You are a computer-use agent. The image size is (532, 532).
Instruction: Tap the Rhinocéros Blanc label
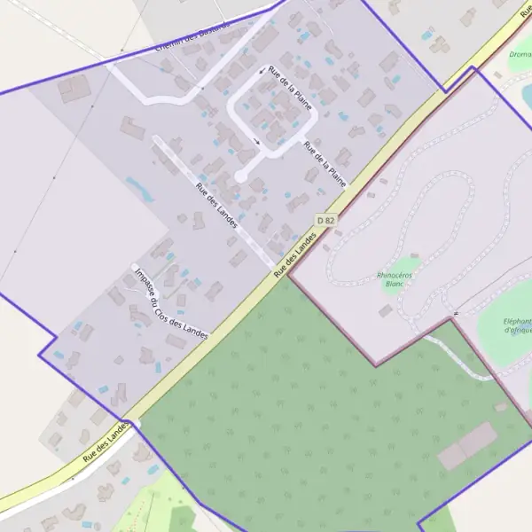pyautogui.click(x=395, y=279)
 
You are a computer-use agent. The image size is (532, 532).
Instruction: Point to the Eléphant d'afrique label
pyautogui.click(x=517, y=325)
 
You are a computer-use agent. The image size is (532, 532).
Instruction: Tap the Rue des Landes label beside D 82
pyautogui.click(x=295, y=256)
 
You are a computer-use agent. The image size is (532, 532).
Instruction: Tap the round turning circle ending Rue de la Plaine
pyautogui.click(x=240, y=176)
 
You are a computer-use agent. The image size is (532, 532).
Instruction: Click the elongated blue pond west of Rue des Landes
pyautogui.click(x=139, y=188)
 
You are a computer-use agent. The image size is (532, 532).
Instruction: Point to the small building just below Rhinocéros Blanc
pyautogui.click(x=386, y=310)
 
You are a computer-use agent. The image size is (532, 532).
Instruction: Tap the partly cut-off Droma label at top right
pyautogui.click(x=520, y=54)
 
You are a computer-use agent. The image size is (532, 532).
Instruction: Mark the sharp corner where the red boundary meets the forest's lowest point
pyautogui.click(x=376, y=364)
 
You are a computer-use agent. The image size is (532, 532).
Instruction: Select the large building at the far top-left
pyautogui.click(x=75, y=88)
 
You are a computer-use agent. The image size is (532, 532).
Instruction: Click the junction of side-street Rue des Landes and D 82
pyautogui.click(x=277, y=268)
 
